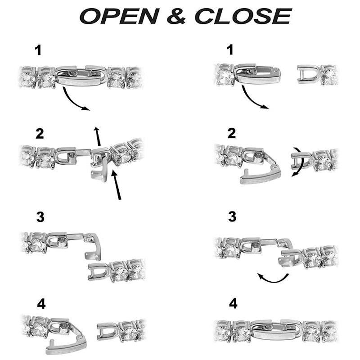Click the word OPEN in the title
pos(119,16)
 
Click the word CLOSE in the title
pos(243,16)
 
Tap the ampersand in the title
pos(176,16)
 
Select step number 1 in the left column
pos(38,50)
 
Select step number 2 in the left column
pos(40,134)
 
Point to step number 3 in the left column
pos(40,217)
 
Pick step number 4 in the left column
pos(41,304)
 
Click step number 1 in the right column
pos(229,50)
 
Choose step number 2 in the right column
pos(231,133)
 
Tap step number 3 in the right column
pos(232,216)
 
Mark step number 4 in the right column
pos(233,303)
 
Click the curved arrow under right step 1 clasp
pos(250,100)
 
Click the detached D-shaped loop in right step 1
pos(309,74)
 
